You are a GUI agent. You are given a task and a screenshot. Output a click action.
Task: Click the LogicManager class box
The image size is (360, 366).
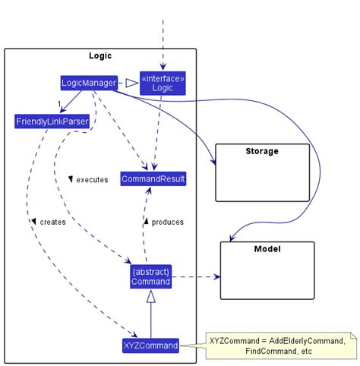[89, 82]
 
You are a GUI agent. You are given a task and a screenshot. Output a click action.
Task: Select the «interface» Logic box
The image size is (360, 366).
[163, 83]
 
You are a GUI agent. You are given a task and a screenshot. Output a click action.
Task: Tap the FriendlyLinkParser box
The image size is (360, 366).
[51, 121]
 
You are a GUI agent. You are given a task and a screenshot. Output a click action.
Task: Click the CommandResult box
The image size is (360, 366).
[153, 178]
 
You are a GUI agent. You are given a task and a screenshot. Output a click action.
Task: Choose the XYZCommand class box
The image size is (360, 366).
[150, 345]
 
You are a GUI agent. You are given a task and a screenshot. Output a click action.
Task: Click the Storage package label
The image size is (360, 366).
[262, 151]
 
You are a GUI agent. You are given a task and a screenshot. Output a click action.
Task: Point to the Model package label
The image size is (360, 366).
[267, 249]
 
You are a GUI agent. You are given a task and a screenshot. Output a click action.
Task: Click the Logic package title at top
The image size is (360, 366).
[100, 55]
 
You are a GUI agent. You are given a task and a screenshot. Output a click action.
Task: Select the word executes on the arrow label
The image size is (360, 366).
[92, 180]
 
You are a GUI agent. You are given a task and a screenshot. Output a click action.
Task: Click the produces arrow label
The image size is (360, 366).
[168, 222]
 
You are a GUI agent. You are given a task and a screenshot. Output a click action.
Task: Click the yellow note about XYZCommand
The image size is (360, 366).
[281, 346]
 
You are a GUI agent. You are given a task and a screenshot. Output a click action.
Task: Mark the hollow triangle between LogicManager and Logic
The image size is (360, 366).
[131, 83]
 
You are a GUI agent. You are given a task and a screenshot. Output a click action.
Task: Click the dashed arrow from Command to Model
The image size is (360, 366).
[196, 277]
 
